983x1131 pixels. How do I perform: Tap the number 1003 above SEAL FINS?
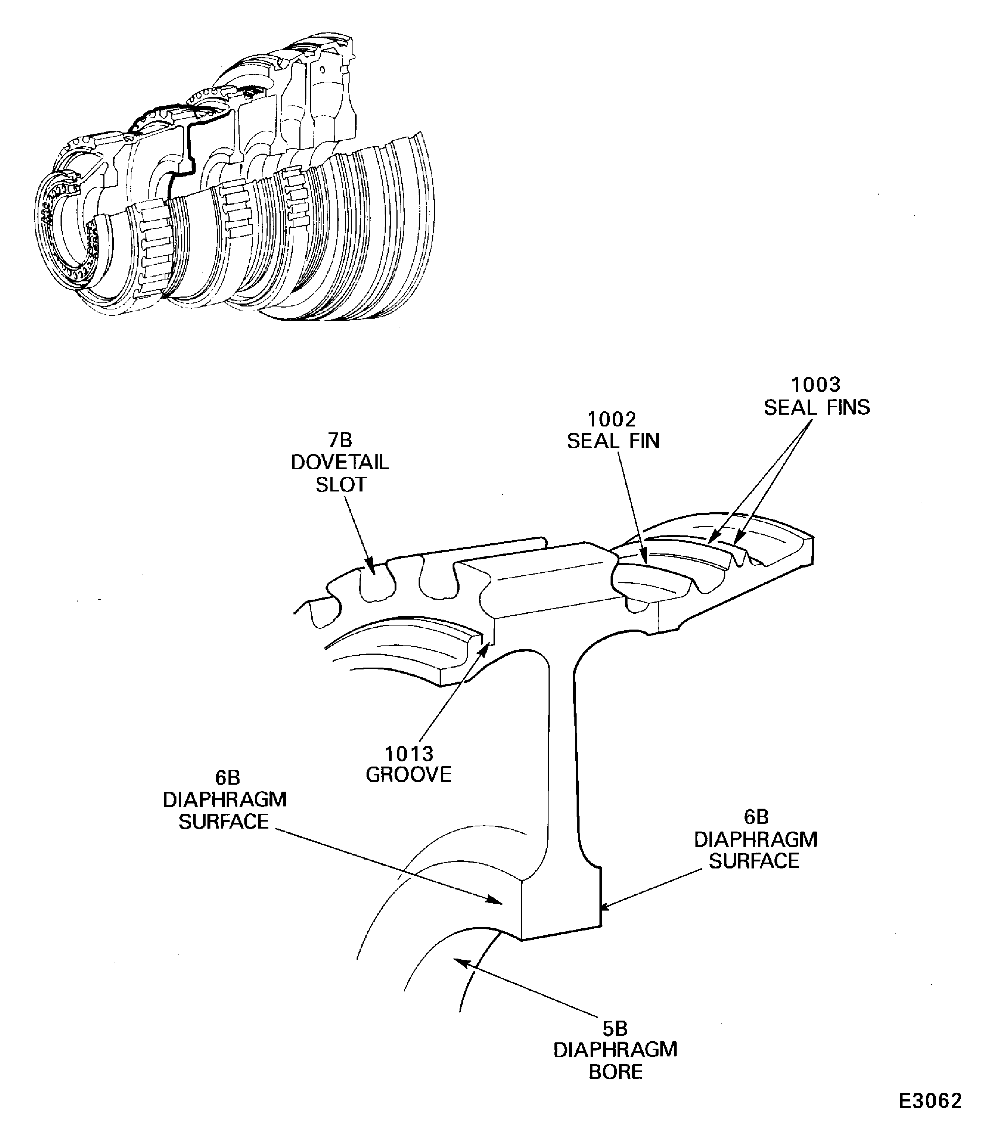tap(816, 385)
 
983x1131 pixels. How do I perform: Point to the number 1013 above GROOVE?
tap(409, 754)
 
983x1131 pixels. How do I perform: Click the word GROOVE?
tap(409, 775)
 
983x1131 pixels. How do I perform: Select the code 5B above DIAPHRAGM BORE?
tap(615, 1028)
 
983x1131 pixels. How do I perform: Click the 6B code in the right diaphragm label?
tap(756, 817)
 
